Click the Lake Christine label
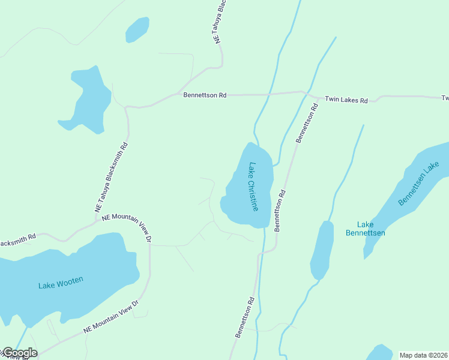coord(253,187)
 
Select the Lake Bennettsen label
coord(366,229)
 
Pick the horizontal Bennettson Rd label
coord(205,95)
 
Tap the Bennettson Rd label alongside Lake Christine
coord(280,211)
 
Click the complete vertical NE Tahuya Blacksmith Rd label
coord(112,177)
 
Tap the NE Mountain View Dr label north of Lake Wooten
coord(127,226)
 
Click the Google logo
coord(19,353)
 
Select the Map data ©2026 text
coord(424,355)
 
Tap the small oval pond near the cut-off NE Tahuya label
coord(137,29)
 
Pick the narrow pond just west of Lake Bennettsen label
coord(322,249)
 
